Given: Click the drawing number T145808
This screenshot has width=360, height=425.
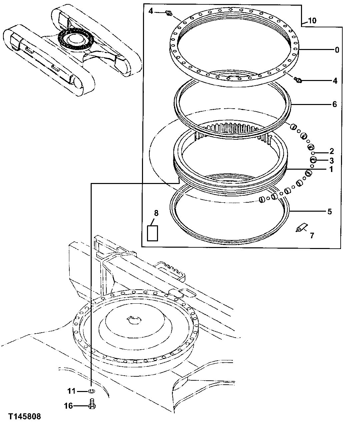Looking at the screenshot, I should coord(25,416).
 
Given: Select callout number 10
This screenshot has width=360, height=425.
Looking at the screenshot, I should coord(312,21).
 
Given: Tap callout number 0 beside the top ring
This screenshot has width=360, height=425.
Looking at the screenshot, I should coord(337,50).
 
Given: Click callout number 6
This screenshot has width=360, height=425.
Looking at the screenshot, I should coord(334,104).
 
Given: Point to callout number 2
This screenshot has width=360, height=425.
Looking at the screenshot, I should coord(332,151).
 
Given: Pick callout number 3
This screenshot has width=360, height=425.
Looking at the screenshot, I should coord(332,160).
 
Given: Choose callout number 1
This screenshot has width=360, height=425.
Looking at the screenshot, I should coord(331,169).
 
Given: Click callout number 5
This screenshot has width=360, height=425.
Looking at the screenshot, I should coord(329,211).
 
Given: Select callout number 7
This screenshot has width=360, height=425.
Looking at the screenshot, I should coord(312,236).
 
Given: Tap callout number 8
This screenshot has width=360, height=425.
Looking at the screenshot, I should coord(156,213).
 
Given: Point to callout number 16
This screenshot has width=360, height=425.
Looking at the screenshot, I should coord(68,406).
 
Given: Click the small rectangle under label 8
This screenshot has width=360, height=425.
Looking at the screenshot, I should coord(153,233).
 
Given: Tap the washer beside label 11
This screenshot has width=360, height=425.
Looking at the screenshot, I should coord(92,391).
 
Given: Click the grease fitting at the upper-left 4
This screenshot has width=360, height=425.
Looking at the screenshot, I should coord(169,13).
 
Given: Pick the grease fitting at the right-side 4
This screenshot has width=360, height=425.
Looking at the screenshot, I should coord(298,80).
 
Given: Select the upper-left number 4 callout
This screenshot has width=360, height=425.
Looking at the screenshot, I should coord(151,11).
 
